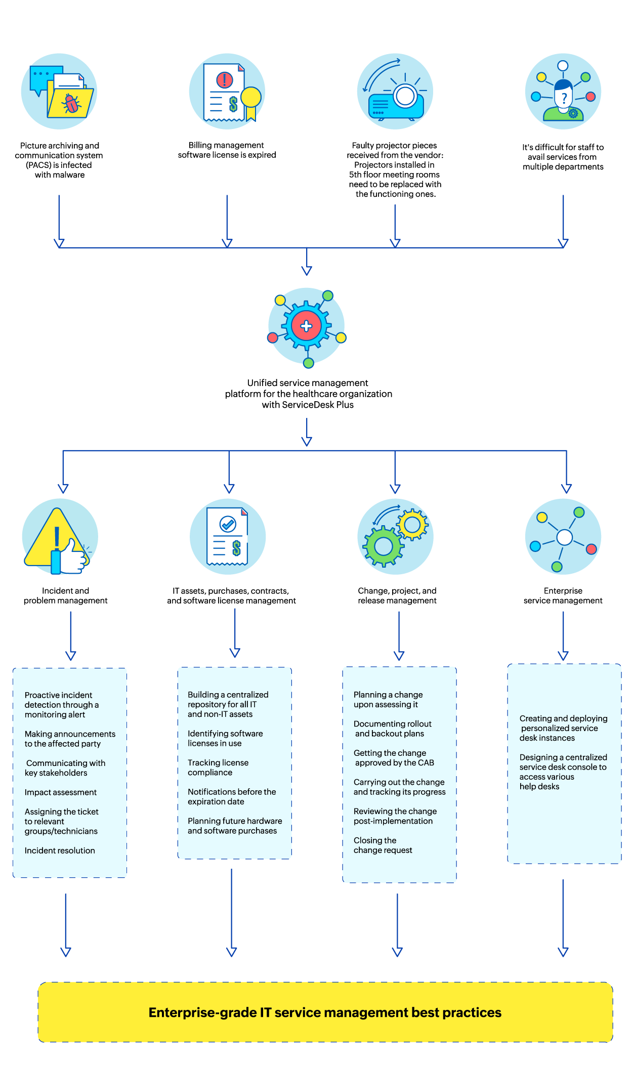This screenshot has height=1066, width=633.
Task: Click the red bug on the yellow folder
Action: point(71,104)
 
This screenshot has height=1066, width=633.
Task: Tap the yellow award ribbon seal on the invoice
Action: point(251,97)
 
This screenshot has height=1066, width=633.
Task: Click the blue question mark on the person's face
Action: point(564,98)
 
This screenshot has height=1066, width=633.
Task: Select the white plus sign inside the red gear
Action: point(306,326)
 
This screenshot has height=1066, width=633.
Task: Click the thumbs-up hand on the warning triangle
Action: point(72,558)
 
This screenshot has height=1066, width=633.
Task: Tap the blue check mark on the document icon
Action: point(228,524)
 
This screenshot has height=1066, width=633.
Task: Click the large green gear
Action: point(383,546)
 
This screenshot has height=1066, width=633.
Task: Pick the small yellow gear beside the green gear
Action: point(412,525)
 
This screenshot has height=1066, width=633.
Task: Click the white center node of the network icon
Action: point(564,537)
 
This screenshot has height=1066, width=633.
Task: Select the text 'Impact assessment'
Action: point(60,792)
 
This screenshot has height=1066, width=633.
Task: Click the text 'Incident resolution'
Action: point(60,850)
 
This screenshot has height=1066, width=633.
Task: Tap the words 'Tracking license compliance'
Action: point(218,767)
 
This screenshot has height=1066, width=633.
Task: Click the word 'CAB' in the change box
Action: point(426,763)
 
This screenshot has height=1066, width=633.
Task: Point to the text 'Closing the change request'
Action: point(383,845)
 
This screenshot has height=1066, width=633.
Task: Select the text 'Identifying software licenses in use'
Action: point(225,738)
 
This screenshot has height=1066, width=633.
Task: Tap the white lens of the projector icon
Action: point(405,96)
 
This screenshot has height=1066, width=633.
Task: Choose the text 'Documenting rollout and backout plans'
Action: point(392,729)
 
